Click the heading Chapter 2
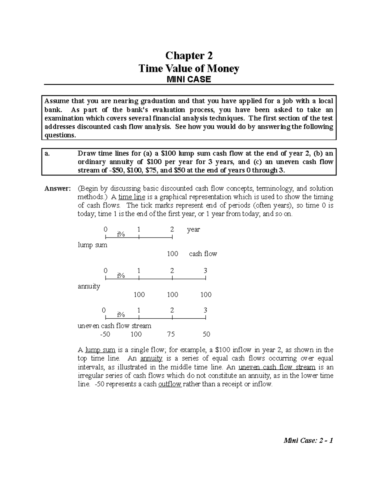(x=189, y=56)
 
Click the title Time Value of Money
(x=189, y=68)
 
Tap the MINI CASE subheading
(x=189, y=79)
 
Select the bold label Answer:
(x=57, y=189)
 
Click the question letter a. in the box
(x=47, y=154)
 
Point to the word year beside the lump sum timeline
(x=193, y=230)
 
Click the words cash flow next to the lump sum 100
(x=203, y=254)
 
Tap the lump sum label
(x=92, y=245)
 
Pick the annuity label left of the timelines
(x=89, y=286)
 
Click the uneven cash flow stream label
(x=114, y=326)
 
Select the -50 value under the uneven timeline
(x=105, y=334)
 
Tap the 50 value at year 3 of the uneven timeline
(x=206, y=334)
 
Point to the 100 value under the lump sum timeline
(x=173, y=254)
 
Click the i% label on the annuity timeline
(x=121, y=276)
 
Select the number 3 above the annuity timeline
(x=205, y=271)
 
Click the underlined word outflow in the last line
(x=170, y=384)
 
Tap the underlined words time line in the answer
(x=132, y=197)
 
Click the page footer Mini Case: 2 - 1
(x=308, y=441)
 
